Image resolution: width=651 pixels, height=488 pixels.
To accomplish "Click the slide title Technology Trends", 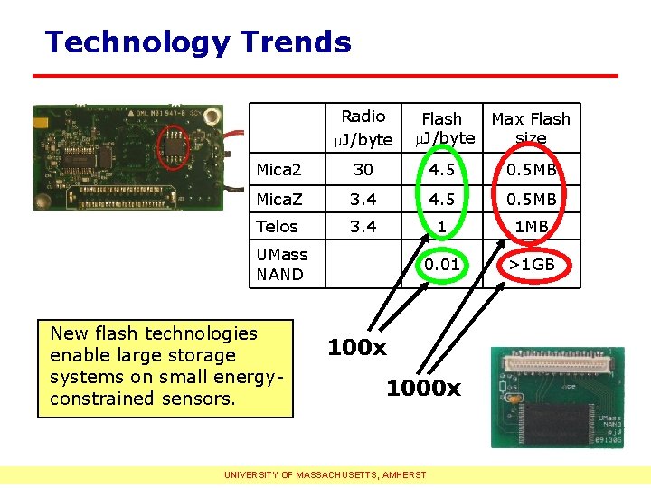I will pyautogui.click(x=198, y=42).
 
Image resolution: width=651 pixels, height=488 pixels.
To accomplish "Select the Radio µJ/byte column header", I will pyautogui.click(x=363, y=127).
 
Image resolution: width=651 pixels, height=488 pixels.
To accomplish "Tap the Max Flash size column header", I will pyautogui.click(x=531, y=127).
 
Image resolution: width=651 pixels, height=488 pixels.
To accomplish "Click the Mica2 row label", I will pyautogui.click(x=279, y=169).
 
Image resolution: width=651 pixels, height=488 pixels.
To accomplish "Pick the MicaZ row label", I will pyautogui.click(x=279, y=199).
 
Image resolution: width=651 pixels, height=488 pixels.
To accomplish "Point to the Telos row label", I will pyautogui.click(x=277, y=227).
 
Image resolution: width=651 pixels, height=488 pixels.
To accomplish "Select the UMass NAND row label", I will pyautogui.click(x=282, y=264).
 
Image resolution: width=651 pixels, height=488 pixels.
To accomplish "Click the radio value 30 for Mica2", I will pyautogui.click(x=363, y=169).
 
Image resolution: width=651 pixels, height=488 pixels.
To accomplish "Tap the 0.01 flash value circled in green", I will pyautogui.click(x=442, y=264).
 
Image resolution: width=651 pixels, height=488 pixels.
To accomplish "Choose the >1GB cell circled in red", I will pyautogui.click(x=531, y=265).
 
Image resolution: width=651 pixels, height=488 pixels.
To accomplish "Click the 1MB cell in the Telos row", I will pyautogui.click(x=531, y=227).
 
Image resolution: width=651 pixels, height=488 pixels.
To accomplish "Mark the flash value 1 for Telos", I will pyautogui.click(x=442, y=227).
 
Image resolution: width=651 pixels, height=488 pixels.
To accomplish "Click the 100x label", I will pyautogui.click(x=357, y=347).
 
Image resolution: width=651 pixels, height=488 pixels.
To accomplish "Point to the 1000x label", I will pyautogui.click(x=423, y=388).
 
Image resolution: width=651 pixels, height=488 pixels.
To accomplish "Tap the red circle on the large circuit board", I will pyautogui.click(x=171, y=145).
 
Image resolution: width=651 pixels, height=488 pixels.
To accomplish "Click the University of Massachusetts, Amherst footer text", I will pyautogui.click(x=325, y=474).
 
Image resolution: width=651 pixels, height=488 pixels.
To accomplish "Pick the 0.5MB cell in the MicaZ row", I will pyautogui.click(x=531, y=199).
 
